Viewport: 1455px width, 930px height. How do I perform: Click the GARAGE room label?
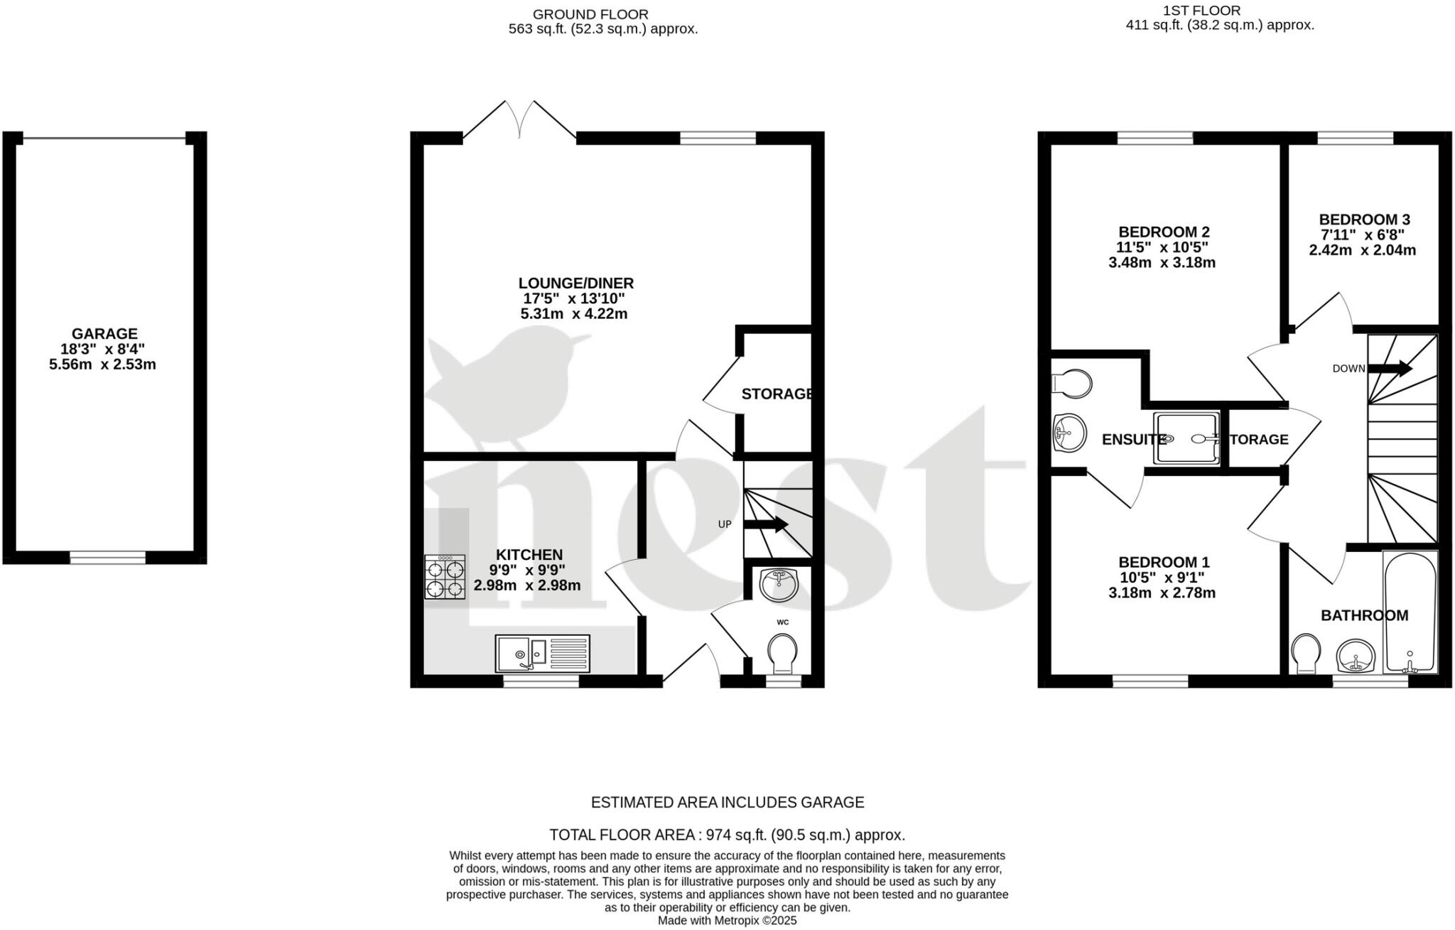(x=104, y=333)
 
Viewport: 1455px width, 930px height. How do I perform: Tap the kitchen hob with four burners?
(x=445, y=577)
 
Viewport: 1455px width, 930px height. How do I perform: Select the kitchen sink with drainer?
(x=542, y=653)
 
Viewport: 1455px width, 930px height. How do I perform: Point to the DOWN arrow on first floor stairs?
(x=1389, y=368)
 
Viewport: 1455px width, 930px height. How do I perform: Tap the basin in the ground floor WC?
(x=779, y=585)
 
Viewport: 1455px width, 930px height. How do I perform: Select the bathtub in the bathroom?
(x=1410, y=612)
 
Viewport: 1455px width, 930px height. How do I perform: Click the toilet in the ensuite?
(x=1072, y=384)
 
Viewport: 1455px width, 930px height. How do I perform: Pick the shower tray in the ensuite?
(x=1185, y=439)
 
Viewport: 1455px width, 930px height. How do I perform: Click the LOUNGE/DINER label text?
(x=575, y=283)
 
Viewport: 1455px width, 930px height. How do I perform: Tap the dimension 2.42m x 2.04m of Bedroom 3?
(x=1362, y=250)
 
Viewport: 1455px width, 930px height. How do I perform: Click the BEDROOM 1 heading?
(x=1163, y=561)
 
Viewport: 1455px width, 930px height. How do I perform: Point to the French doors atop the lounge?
(x=520, y=121)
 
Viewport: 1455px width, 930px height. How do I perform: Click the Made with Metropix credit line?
(x=727, y=921)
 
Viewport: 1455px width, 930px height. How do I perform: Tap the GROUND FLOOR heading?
(x=590, y=14)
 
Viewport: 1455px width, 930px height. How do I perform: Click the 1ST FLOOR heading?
(x=1211, y=11)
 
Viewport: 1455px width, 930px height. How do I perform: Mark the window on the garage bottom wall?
(x=107, y=558)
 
